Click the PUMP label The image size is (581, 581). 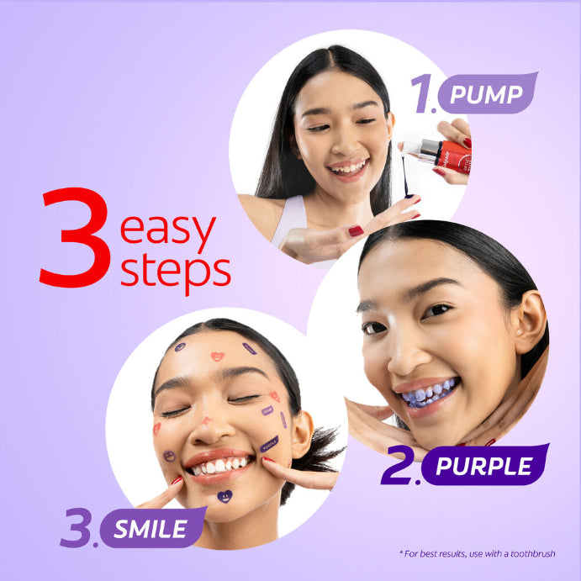click(486, 94)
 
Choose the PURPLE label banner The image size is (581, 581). click(484, 466)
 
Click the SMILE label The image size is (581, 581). click(152, 529)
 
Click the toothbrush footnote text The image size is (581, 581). click(476, 553)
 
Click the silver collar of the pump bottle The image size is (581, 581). click(429, 151)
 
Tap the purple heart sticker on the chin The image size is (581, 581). click(224, 496)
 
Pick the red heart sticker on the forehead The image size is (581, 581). click(218, 357)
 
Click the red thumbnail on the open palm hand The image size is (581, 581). click(356, 230)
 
